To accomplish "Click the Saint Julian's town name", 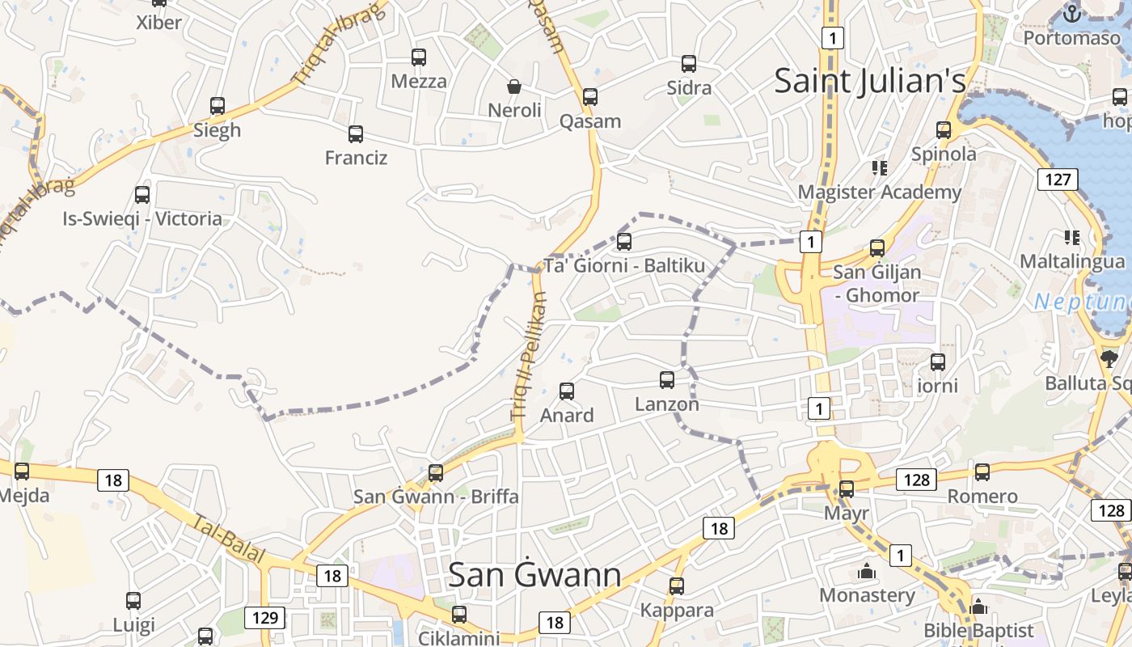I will tap(870, 81).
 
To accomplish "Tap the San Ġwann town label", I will tap(534, 575).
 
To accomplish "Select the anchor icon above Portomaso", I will tap(1071, 14).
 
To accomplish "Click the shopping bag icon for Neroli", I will tap(514, 86).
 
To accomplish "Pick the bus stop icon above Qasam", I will tap(590, 97).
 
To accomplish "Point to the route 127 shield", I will tap(1058, 179).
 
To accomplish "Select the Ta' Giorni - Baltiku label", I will tap(624, 266).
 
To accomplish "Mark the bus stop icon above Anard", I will tap(567, 391).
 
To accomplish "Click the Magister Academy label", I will tap(879, 192).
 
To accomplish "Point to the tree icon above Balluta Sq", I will tap(1109, 358).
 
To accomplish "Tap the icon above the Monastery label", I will tap(867, 572).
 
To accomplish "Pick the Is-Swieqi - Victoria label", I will tap(142, 218).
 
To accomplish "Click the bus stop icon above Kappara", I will tap(677, 586).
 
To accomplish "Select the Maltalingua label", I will tap(1071, 262).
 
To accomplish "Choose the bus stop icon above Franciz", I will tap(356, 134).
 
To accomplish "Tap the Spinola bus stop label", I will tap(944, 154).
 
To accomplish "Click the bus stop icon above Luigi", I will tap(133, 601).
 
